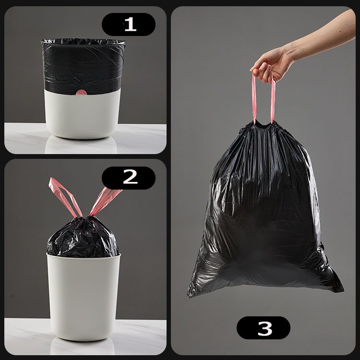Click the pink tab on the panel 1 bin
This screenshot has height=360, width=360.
(81, 92)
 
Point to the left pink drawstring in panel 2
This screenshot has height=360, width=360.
(65, 197)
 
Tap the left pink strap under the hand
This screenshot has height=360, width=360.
(254, 99)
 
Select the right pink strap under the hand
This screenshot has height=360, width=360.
(273, 99)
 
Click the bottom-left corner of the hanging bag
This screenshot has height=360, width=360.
(188, 296)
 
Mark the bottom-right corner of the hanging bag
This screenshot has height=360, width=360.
(343, 290)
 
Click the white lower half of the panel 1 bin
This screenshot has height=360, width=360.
(82, 115)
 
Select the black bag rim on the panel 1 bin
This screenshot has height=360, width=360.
(83, 42)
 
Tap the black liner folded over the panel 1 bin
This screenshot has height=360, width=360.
(83, 67)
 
